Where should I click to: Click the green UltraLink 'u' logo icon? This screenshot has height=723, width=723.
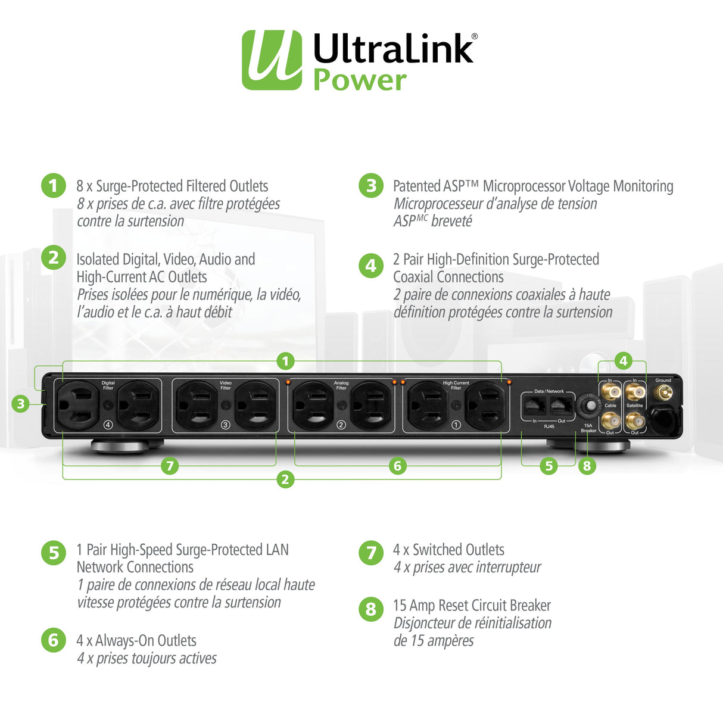tap(272, 60)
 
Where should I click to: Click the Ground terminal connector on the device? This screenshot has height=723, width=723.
tap(663, 392)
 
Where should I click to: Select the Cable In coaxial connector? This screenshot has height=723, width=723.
tap(610, 392)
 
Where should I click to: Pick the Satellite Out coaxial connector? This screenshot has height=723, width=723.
tap(635, 422)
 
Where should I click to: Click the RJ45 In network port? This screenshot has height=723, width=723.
tap(533, 406)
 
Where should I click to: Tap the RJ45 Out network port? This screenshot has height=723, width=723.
tap(560, 406)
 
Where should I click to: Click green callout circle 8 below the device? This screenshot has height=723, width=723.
tap(587, 466)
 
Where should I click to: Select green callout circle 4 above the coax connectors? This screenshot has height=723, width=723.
tap(623, 360)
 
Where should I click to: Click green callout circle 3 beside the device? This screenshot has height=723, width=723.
tap(21, 404)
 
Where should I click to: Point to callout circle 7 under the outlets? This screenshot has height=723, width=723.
tap(170, 466)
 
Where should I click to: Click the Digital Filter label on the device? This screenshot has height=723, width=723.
tap(108, 385)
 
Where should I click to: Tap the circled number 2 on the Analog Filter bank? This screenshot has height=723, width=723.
tap(341, 425)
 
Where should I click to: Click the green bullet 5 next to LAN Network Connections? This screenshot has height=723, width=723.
tap(54, 553)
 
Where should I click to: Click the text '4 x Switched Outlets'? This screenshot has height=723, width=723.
tap(448, 550)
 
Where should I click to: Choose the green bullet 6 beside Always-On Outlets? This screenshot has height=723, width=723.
tap(54, 640)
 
